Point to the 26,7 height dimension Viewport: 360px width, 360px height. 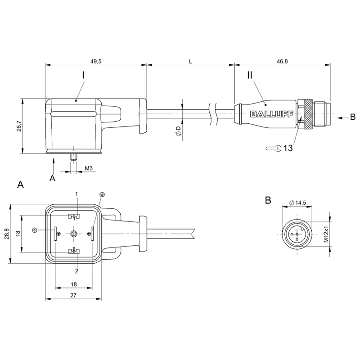point(17,126)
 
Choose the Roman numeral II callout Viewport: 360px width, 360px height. point(251,75)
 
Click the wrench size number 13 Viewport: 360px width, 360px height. point(288,148)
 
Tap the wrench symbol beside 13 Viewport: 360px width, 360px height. point(273,148)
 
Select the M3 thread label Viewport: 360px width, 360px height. point(89,168)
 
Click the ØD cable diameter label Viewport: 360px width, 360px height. point(178,131)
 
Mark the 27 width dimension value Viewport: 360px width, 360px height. point(73,295)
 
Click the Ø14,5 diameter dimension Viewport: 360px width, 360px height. point(298,203)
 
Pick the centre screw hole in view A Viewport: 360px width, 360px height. point(74,234)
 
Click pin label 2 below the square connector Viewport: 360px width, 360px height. point(76,271)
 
